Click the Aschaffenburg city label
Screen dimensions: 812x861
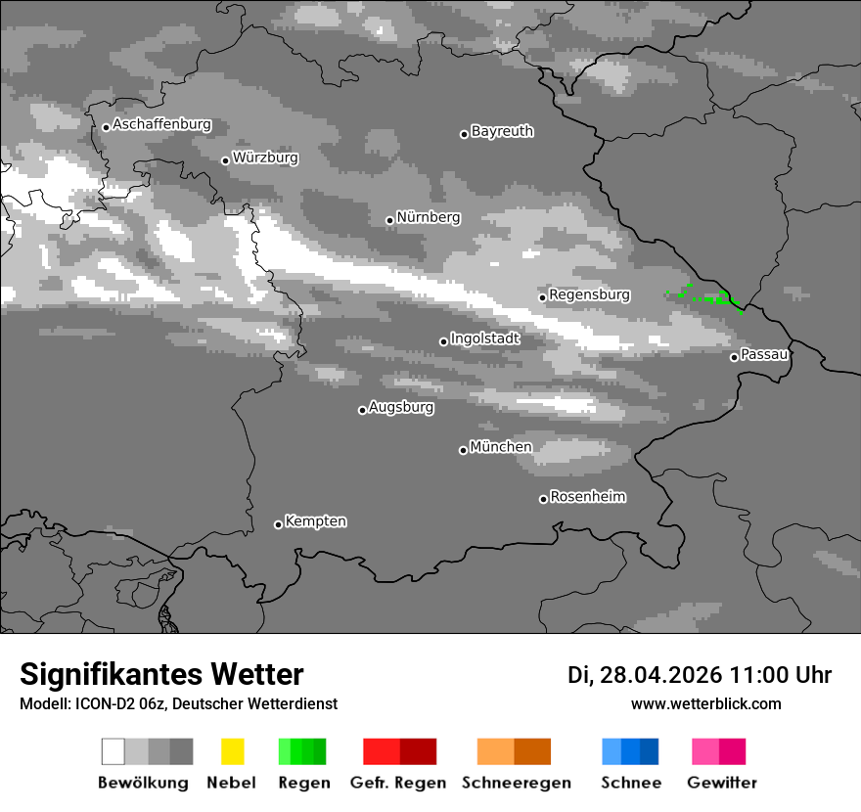coord(161,125)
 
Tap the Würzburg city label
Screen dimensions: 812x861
coord(265,158)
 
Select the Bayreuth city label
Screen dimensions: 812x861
coord(502,131)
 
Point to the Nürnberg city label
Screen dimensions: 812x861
coord(428,217)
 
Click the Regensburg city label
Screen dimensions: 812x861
coord(589,294)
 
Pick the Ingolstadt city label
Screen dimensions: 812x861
coord(484,338)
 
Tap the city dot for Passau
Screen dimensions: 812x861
coord(734,357)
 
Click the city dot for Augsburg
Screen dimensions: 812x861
coord(362,410)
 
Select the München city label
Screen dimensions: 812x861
coord(501,447)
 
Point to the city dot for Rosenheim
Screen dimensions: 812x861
coord(543,499)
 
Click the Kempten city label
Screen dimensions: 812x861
coord(315,521)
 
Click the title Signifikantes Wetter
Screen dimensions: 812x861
coord(161,674)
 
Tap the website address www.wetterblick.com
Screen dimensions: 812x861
coord(705,703)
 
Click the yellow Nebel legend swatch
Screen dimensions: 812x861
coord(232,751)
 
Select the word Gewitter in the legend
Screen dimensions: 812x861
coord(721,783)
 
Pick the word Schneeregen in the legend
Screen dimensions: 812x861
coord(516,783)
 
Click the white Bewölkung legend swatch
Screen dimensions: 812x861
coord(113,751)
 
